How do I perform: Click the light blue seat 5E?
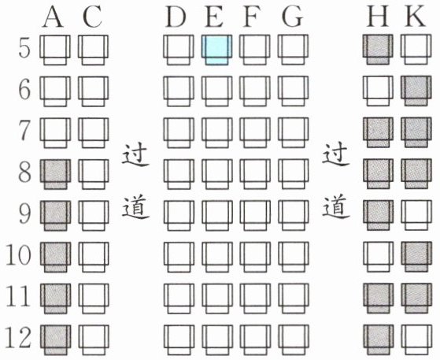(216, 50)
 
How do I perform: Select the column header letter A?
(53, 17)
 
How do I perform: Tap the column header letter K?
(416, 17)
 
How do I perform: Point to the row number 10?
(19, 254)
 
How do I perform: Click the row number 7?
(24, 130)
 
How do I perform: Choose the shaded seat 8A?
(55, 174)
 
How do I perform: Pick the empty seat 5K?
(416, 50)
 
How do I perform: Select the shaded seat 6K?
(416, 91)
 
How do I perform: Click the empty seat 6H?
(378, 91)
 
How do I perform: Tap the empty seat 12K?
(416, 340)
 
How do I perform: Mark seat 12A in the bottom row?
(55, 340)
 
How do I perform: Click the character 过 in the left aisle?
(135, 155)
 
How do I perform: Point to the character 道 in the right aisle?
(335, 208)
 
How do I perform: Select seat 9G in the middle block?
(293, 216)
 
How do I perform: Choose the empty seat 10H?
(378, 257)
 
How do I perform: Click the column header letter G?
(292, 17)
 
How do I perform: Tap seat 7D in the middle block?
(179, 132)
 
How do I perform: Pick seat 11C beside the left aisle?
(94, 299)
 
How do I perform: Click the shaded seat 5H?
(377, 50)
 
